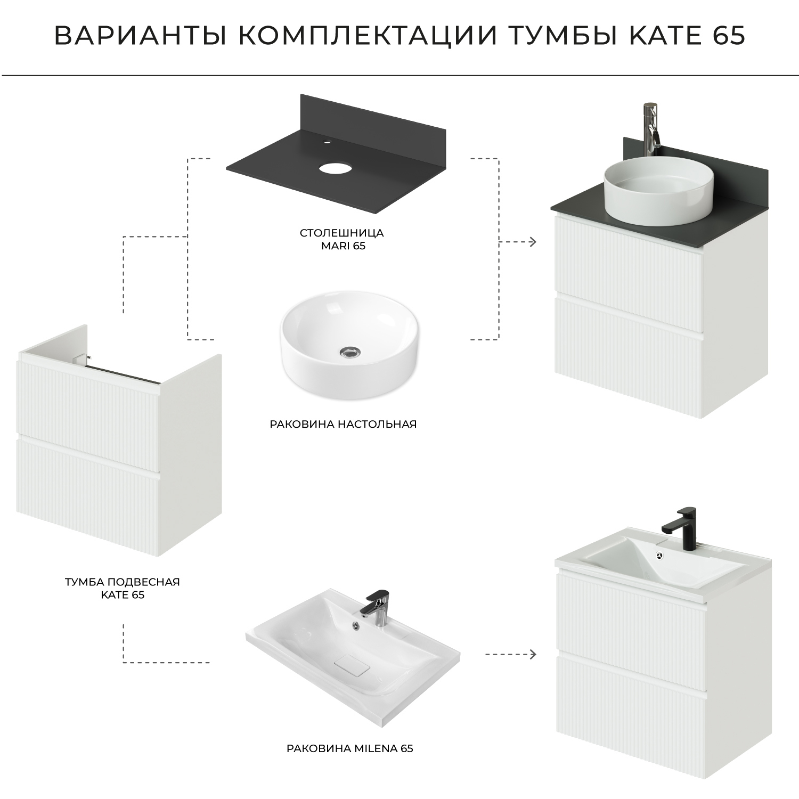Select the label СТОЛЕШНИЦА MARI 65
[x=341, y=239]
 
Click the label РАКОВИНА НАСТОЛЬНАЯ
[x=343, y=425]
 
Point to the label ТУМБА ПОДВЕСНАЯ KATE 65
[x=123, y=588]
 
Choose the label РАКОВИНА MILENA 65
[x=349, y=748]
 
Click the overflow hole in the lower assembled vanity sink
[x=659, y=555]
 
